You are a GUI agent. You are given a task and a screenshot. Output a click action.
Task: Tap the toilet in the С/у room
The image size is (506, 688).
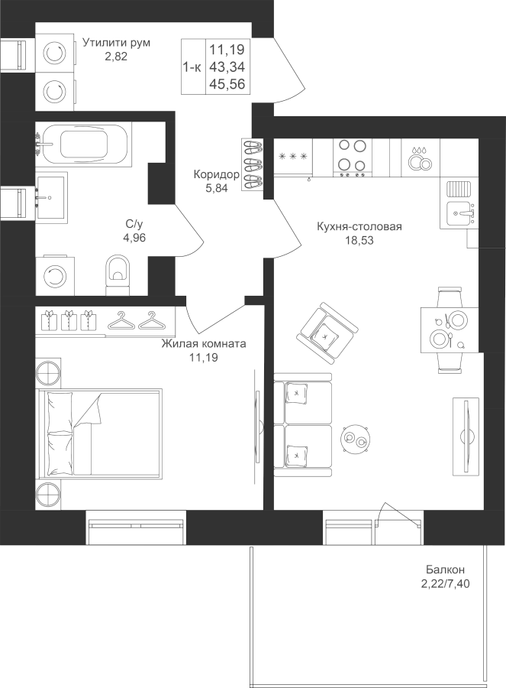[x=118, y=273]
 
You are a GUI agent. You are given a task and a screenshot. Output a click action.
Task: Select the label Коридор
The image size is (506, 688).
[x=217, y=175]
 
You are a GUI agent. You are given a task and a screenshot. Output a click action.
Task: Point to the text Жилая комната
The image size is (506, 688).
[x=203, y=345]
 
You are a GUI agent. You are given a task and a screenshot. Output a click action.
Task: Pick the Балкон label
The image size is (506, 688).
[x=446, y=570]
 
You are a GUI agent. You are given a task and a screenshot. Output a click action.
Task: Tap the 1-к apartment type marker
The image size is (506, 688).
[x=192, y=67]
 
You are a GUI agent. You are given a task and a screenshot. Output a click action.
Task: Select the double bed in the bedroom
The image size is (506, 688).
[x=99, y=433]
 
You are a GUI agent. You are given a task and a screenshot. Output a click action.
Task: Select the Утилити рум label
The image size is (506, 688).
[x=116, y=43]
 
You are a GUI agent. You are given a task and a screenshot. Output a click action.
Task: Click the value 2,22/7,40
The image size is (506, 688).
[x=446, y=583]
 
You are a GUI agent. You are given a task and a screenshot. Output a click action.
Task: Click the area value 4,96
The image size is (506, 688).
[x=136, y=237]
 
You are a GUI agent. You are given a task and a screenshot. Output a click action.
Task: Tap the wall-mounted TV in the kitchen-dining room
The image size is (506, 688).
[x=465, y=436]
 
